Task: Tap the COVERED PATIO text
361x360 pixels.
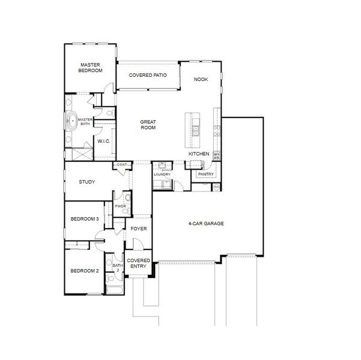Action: pos(147,75)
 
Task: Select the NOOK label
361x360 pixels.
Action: pos(201,79)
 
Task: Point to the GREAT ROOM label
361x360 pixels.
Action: pos(148,124)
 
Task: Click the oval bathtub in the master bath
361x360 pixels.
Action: pos(73,121)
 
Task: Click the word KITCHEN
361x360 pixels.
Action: pos(199,154)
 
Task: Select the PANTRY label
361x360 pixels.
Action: pos(206,175)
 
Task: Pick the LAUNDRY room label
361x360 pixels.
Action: pos(162,175)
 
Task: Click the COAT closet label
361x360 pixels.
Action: pos(122,164)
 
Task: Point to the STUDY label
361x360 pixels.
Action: pos(87,182)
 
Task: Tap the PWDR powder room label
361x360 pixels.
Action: pos(120,207)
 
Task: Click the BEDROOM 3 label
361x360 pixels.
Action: pos(84,219)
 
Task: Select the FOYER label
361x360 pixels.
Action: pos(139,229)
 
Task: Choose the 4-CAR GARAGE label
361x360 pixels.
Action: pos(205,223)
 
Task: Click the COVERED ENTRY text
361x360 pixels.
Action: pos(139,263)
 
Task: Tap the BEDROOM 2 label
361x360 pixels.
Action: pos(84,271)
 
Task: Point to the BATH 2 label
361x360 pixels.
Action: pos(118,268)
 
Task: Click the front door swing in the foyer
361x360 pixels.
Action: pos(137,244)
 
